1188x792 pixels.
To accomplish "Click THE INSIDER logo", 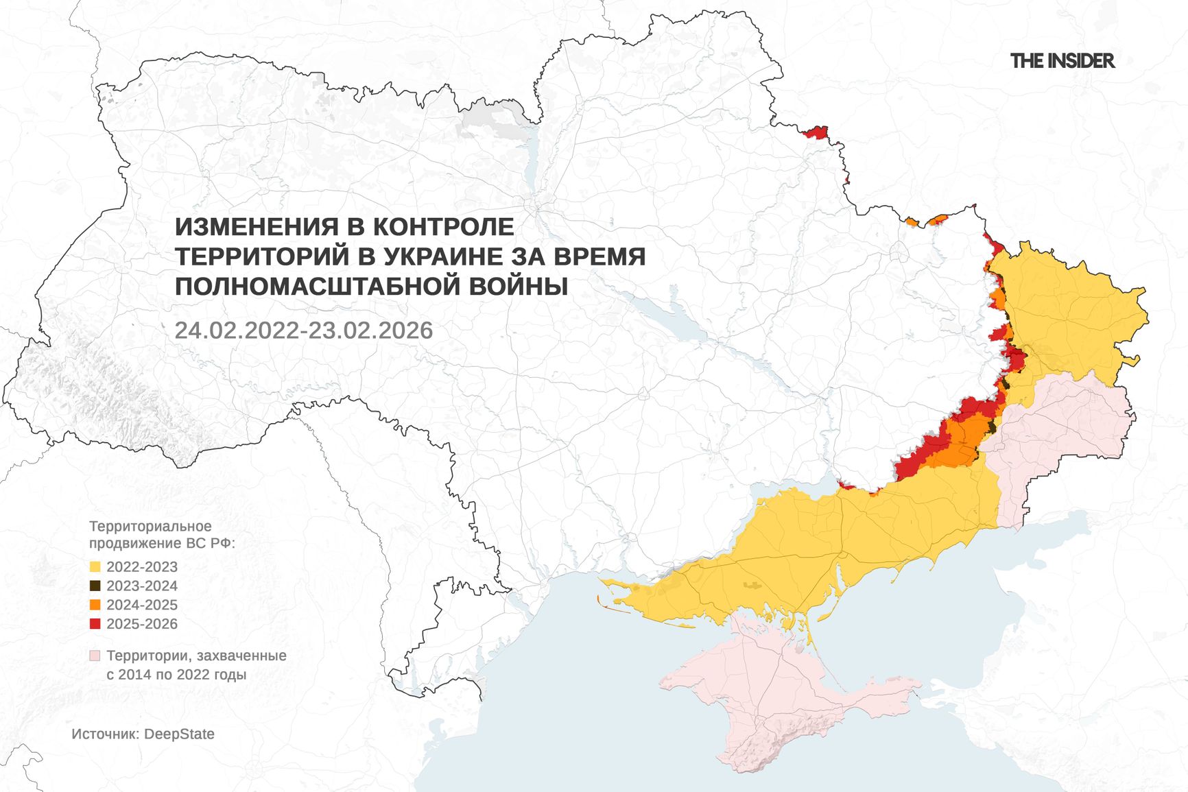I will coord(1062,61).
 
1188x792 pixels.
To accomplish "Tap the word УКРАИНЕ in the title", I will coord(443,256).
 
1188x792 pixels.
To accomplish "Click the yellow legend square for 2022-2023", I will coord(95,567).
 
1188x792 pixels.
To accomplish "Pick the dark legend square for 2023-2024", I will coord(95,586).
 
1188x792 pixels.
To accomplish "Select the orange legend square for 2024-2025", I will coord(95,605).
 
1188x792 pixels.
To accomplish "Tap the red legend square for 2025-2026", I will coord(95,624).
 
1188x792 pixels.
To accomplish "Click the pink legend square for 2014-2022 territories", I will coord(95,656).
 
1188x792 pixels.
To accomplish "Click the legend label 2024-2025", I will coord(142,605).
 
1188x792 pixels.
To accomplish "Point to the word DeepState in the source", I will coord(179,734).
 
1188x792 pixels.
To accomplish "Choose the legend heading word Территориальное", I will coord(150,527).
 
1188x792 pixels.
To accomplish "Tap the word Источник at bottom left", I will coord(104,734).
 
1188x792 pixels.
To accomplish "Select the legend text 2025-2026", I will coord(142,624).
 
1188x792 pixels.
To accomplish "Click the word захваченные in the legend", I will coord(246,656).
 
